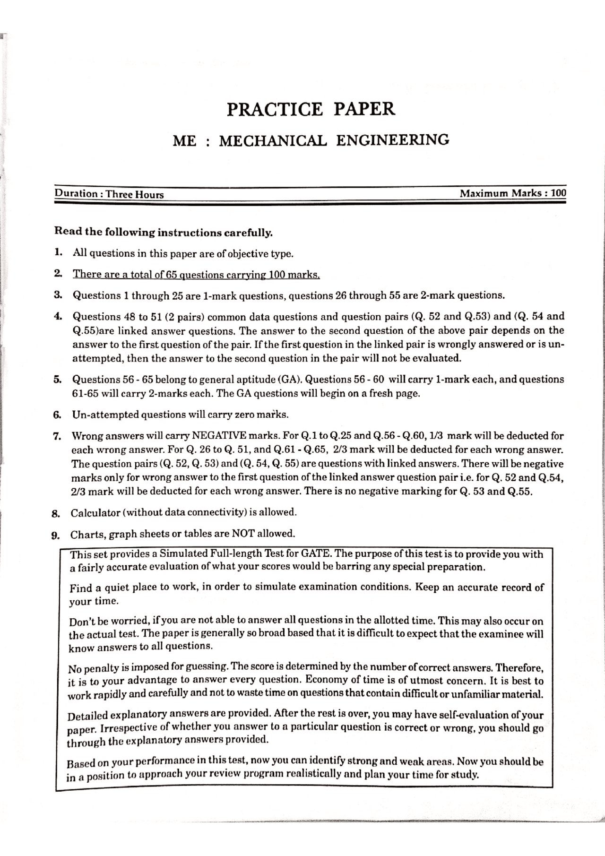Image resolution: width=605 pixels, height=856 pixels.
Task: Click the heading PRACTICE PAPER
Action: pos(310,109)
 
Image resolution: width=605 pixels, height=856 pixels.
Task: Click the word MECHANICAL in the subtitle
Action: pos(273,141)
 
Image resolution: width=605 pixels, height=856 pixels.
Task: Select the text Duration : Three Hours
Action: pos(109,194)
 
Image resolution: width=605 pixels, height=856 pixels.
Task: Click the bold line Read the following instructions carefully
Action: pos(164,232)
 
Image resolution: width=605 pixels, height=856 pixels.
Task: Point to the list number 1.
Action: pos(58,252)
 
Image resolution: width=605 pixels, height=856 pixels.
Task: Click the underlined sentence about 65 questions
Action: pos(196,275)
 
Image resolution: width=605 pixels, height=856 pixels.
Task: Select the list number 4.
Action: pos(58,316)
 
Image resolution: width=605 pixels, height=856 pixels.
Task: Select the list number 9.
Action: pos(56,535)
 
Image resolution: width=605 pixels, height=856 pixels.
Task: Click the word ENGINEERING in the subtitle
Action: pos(392,140)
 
